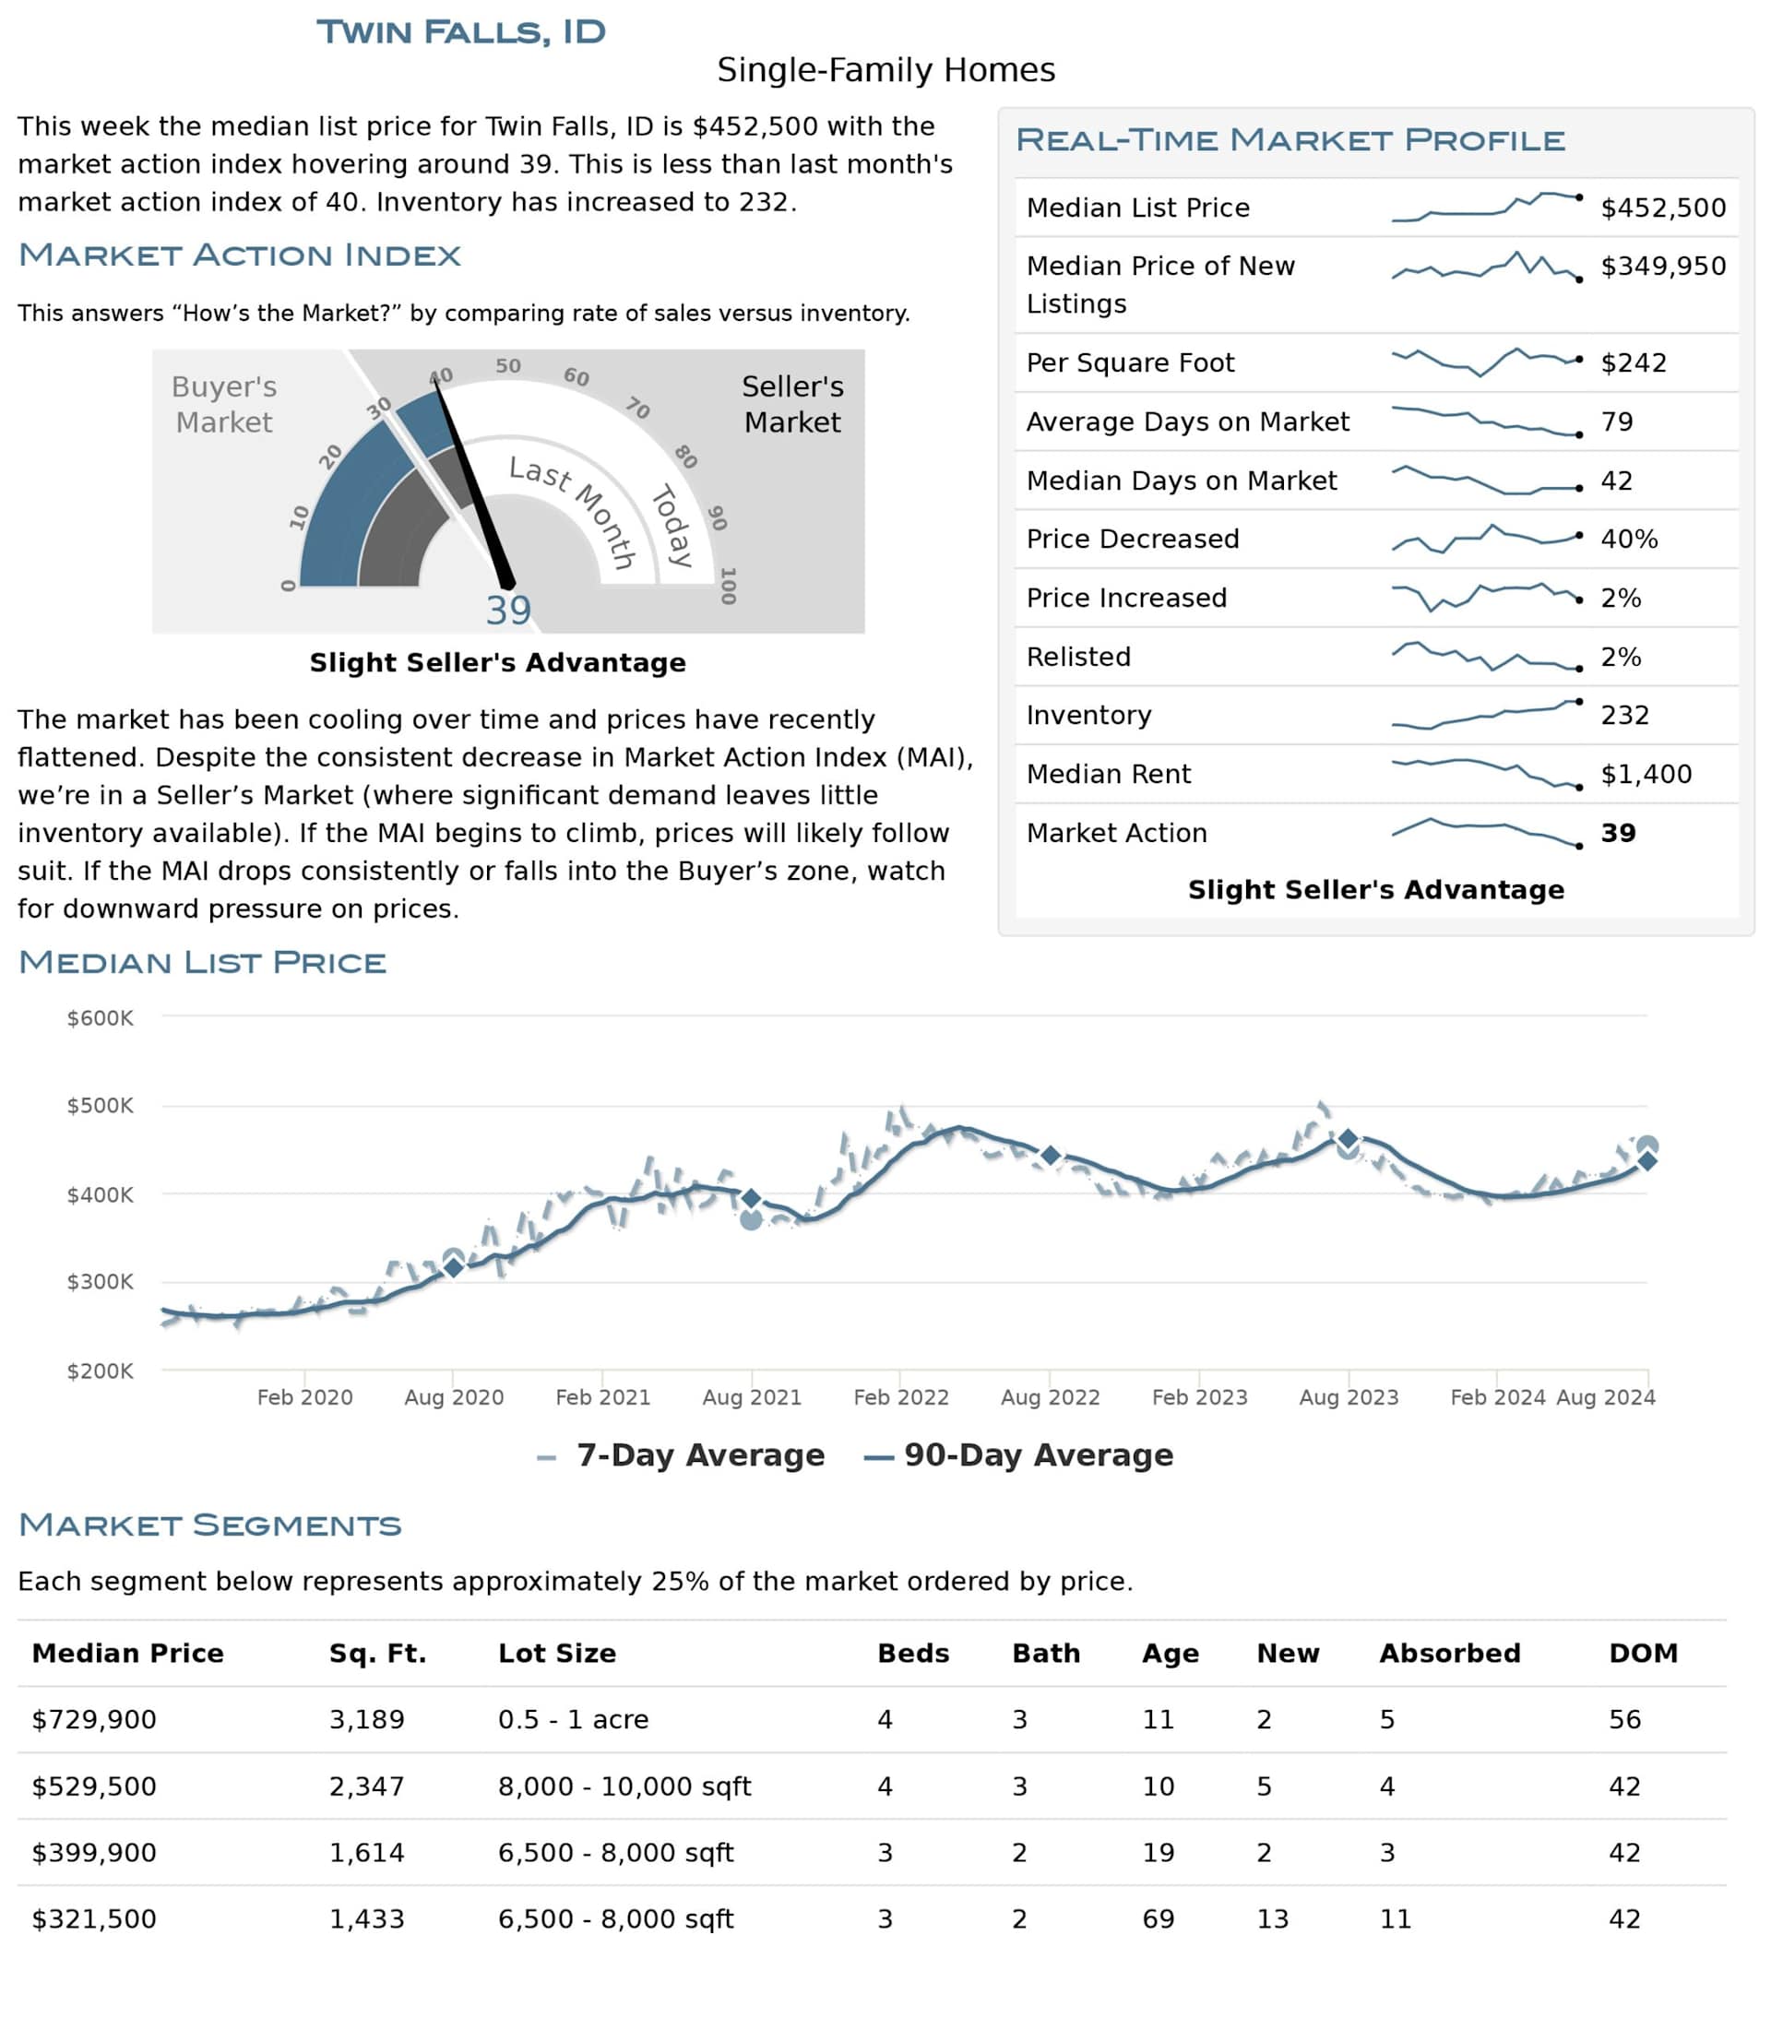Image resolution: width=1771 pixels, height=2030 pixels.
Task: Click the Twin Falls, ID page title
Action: tap(460, 31)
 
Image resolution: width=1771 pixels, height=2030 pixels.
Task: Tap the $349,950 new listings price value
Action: tap(1662, 266)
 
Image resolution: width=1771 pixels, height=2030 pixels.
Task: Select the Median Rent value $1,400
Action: tap(1646, 774)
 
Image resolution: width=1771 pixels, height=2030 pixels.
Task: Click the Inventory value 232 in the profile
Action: tap(1624, 715)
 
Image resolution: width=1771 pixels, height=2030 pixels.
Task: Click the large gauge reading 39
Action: tap(508, 611)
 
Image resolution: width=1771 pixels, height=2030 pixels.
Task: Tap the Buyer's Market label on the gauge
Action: tap(223, 404)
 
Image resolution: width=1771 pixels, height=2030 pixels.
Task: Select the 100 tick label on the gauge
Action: tap(729, 585)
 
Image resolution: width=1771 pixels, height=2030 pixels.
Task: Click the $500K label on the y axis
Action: tap(100, 1105)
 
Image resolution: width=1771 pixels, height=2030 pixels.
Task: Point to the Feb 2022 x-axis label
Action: tap(900, 1396)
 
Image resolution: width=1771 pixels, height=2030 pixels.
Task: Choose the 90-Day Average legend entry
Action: tap(1019, 1454)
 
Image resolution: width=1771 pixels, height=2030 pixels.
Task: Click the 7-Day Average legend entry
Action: tap(682, 1454)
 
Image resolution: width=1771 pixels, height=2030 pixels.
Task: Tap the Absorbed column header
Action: tap(1449, 1654)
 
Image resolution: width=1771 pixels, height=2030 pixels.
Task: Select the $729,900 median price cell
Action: tap(94, 1720)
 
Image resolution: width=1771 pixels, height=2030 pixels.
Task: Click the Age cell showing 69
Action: tap(1159, 1919)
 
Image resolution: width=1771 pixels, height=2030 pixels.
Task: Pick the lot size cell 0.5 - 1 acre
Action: tap(573, 1720)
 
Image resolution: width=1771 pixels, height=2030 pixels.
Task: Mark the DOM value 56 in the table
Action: tap(1623, 1720)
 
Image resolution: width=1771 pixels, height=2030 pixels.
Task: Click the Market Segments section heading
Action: tap(209, 1525)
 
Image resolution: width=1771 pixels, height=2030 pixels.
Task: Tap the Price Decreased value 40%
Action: tap(1629, 539)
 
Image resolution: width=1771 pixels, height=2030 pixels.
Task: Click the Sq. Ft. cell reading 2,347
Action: tap(367, 1787)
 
